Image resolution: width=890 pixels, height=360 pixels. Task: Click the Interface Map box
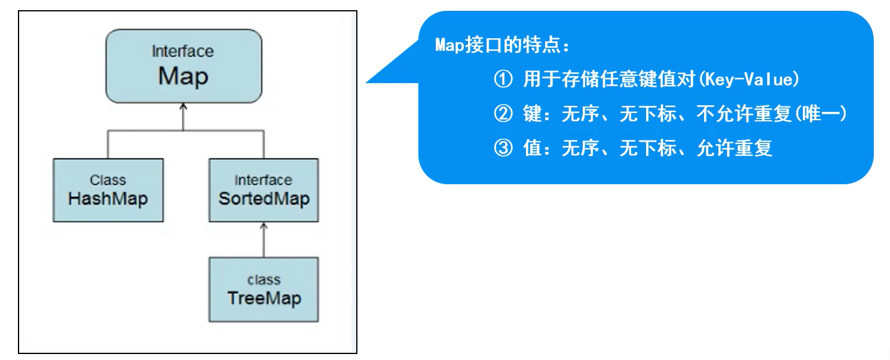pos(183,66)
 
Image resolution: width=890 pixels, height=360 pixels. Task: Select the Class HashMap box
pos(108,190)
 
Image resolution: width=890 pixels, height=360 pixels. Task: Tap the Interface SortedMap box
pos(263,190)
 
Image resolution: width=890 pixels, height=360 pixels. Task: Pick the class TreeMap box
pos(263,289)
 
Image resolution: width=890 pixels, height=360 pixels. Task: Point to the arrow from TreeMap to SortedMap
pos(263,239)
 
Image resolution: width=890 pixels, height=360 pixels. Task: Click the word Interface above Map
pos(182,51)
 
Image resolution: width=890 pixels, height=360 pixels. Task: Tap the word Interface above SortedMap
pos(263,180)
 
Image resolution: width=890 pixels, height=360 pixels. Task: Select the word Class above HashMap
pos(108,180)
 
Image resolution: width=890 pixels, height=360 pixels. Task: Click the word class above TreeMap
pos(264,279)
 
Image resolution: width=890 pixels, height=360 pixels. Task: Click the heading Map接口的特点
pos(502,46)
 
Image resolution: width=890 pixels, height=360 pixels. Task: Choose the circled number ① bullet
pos(503,80)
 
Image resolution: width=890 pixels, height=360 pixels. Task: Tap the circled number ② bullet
pos(503,114)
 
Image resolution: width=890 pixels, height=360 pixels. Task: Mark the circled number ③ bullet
pos(503,148)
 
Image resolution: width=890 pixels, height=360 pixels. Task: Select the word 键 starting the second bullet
pos(532,114)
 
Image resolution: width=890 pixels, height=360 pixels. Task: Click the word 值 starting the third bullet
pos(532,148)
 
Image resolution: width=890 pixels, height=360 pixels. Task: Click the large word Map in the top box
pos(183,77)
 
